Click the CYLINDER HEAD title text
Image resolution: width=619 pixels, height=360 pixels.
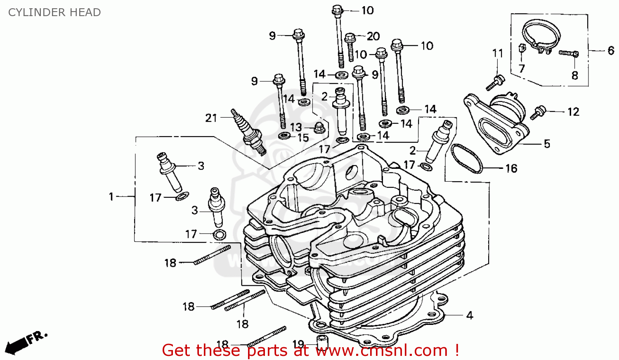tap(54, 12)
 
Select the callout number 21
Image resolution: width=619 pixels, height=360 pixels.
tap(211, 118)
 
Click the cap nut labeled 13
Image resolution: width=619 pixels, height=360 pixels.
tap(318, 128)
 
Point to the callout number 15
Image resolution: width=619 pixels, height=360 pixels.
tap(303, 138)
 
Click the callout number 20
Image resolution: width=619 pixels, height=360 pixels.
tap(373, 36)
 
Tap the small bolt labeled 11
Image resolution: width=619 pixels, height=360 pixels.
tap(495, 82)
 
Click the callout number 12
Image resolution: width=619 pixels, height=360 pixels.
tap(573, 112)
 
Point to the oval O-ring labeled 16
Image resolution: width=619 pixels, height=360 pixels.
tap(466, 159)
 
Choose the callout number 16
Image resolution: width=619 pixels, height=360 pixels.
tap(511, 168)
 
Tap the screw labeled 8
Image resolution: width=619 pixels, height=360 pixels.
tap(569, 53)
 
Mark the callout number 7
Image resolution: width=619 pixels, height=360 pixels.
tap(522, 69)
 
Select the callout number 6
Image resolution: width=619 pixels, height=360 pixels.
tap(611, 51)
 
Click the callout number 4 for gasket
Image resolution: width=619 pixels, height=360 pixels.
tap(469, 315)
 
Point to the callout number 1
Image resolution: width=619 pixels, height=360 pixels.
tap(111, 197)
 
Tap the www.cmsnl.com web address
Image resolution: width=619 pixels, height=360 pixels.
tap(381, 351)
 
